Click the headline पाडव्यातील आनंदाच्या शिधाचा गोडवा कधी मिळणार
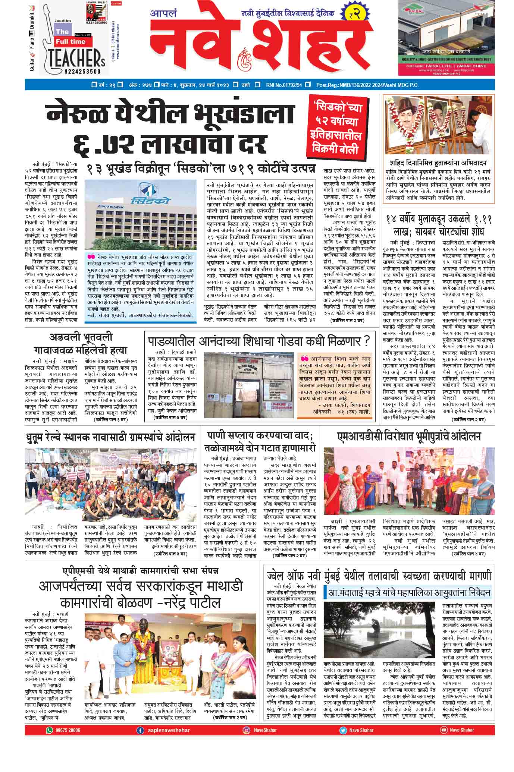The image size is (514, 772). (x=259, y=341)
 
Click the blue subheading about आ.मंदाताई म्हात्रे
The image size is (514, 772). (x=408, y=592)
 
